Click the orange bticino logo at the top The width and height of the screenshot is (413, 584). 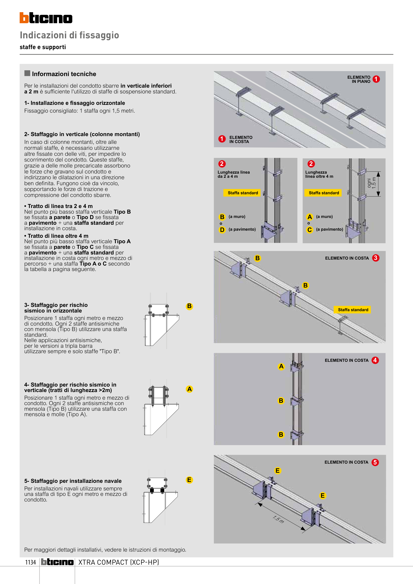point(46,18)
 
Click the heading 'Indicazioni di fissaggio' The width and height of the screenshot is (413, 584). point(69,35)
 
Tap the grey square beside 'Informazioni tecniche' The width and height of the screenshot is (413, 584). point(27,73)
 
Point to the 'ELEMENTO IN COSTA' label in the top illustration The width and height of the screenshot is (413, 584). point(240,139)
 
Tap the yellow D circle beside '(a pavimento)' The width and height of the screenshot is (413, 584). point(222,230)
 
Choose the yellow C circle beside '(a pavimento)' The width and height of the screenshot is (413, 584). point(309,230)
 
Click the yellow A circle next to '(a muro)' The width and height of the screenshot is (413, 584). point(309,217)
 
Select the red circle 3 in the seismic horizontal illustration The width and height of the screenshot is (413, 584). point(376,258)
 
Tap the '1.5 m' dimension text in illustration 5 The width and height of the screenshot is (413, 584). point(278,519)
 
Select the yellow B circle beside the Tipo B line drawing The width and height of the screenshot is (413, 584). point(189,306)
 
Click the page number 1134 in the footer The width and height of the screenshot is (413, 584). point(31,562)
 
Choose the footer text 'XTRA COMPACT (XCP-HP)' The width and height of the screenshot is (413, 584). point(118,562)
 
